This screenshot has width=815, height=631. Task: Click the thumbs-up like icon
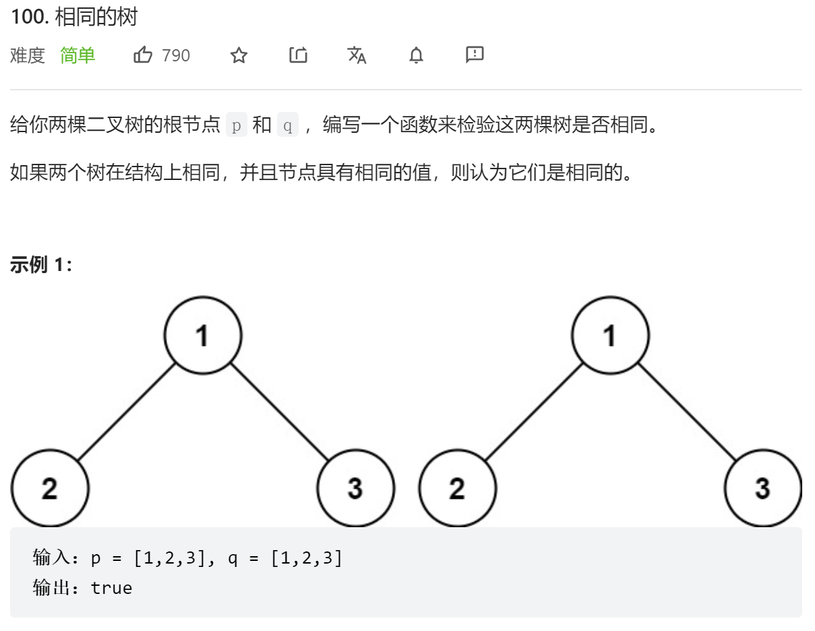[x=143, y=55]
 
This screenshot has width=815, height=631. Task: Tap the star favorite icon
[x=239, y=55]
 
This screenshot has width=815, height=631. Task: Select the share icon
[x=298, y=55]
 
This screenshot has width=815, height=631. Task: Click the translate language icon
[x=357, y=55]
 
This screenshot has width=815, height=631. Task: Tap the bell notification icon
[x=416, y=55]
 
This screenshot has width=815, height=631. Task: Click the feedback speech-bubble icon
[x=475, y=55]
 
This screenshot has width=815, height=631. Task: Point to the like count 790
[x=176, y=55]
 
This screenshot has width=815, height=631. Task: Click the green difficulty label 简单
[x=78, y=55]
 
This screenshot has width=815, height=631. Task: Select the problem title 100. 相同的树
[x=74, y=17]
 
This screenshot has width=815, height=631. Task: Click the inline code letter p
[x=237, y=125]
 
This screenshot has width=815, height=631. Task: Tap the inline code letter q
[x=288, y=125]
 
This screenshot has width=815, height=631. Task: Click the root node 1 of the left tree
[x=203, y=335]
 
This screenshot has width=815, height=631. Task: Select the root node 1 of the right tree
[x=610, y=335]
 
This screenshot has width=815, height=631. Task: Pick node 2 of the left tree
[x=50, y=488]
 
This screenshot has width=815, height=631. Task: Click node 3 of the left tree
[x=355, y=488]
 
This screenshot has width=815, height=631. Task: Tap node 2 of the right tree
[x=458, y=488]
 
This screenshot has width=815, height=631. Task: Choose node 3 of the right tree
[x=763, y=488]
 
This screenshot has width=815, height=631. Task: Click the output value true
[x=111, y=588]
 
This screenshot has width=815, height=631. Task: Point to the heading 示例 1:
[x=41, y=265]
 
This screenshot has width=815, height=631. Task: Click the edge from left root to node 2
[x=126, y=412]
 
